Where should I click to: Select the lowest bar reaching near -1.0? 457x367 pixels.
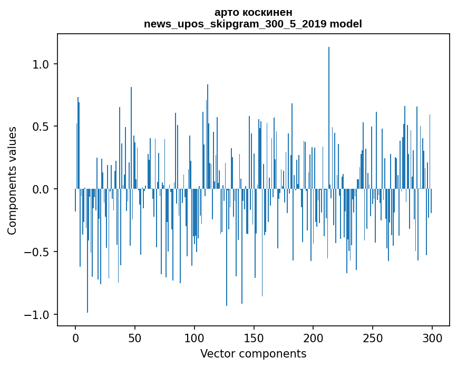coord(87,253)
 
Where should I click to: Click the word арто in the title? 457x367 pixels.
coord(227,12)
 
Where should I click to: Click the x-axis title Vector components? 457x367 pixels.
coord(253,353)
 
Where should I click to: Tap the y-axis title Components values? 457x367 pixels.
coord(12,180)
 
